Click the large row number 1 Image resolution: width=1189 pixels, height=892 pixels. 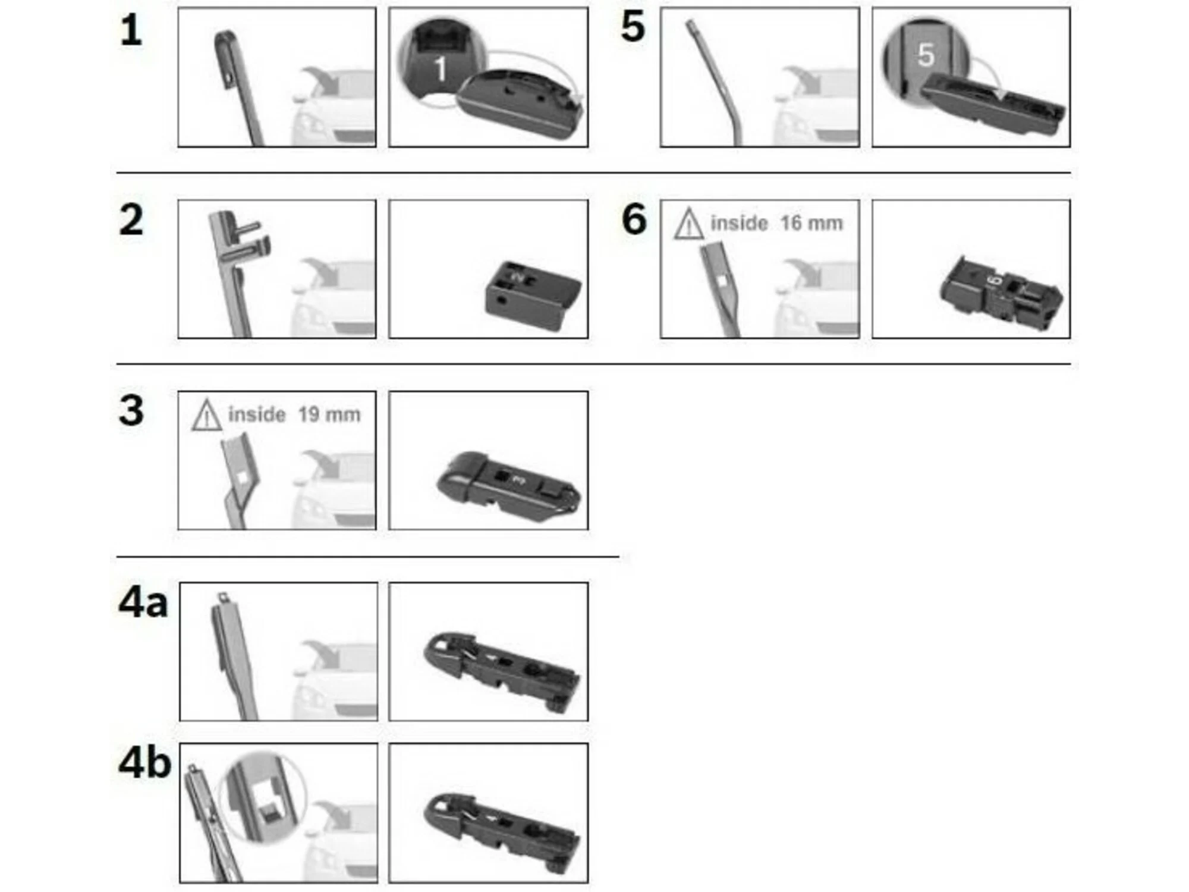click(131, 30)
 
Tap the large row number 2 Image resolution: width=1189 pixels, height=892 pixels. click(131, 220)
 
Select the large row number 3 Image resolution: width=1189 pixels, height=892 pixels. click(131, 410)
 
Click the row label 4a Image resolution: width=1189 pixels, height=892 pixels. click(143, 602)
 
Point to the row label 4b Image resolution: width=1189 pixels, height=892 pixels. click(144, 763)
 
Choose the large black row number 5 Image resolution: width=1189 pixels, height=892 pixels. click(633, 27)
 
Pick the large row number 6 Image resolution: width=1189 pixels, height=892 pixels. click(634, 219)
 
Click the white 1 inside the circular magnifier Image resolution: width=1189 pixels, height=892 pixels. click(440, 69)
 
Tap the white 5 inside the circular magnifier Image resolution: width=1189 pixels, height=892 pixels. click(925, 55)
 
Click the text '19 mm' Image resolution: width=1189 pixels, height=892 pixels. click(329, 414)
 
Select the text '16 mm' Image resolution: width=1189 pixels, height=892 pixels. click(811, 224)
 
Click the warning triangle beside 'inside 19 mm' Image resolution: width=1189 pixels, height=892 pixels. click(206, 415)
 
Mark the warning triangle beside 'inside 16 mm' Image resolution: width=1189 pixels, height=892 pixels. click(688, 224)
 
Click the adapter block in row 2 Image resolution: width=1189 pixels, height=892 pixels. click(533, 295)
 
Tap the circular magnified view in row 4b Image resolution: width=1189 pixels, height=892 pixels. click(263, 797)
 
